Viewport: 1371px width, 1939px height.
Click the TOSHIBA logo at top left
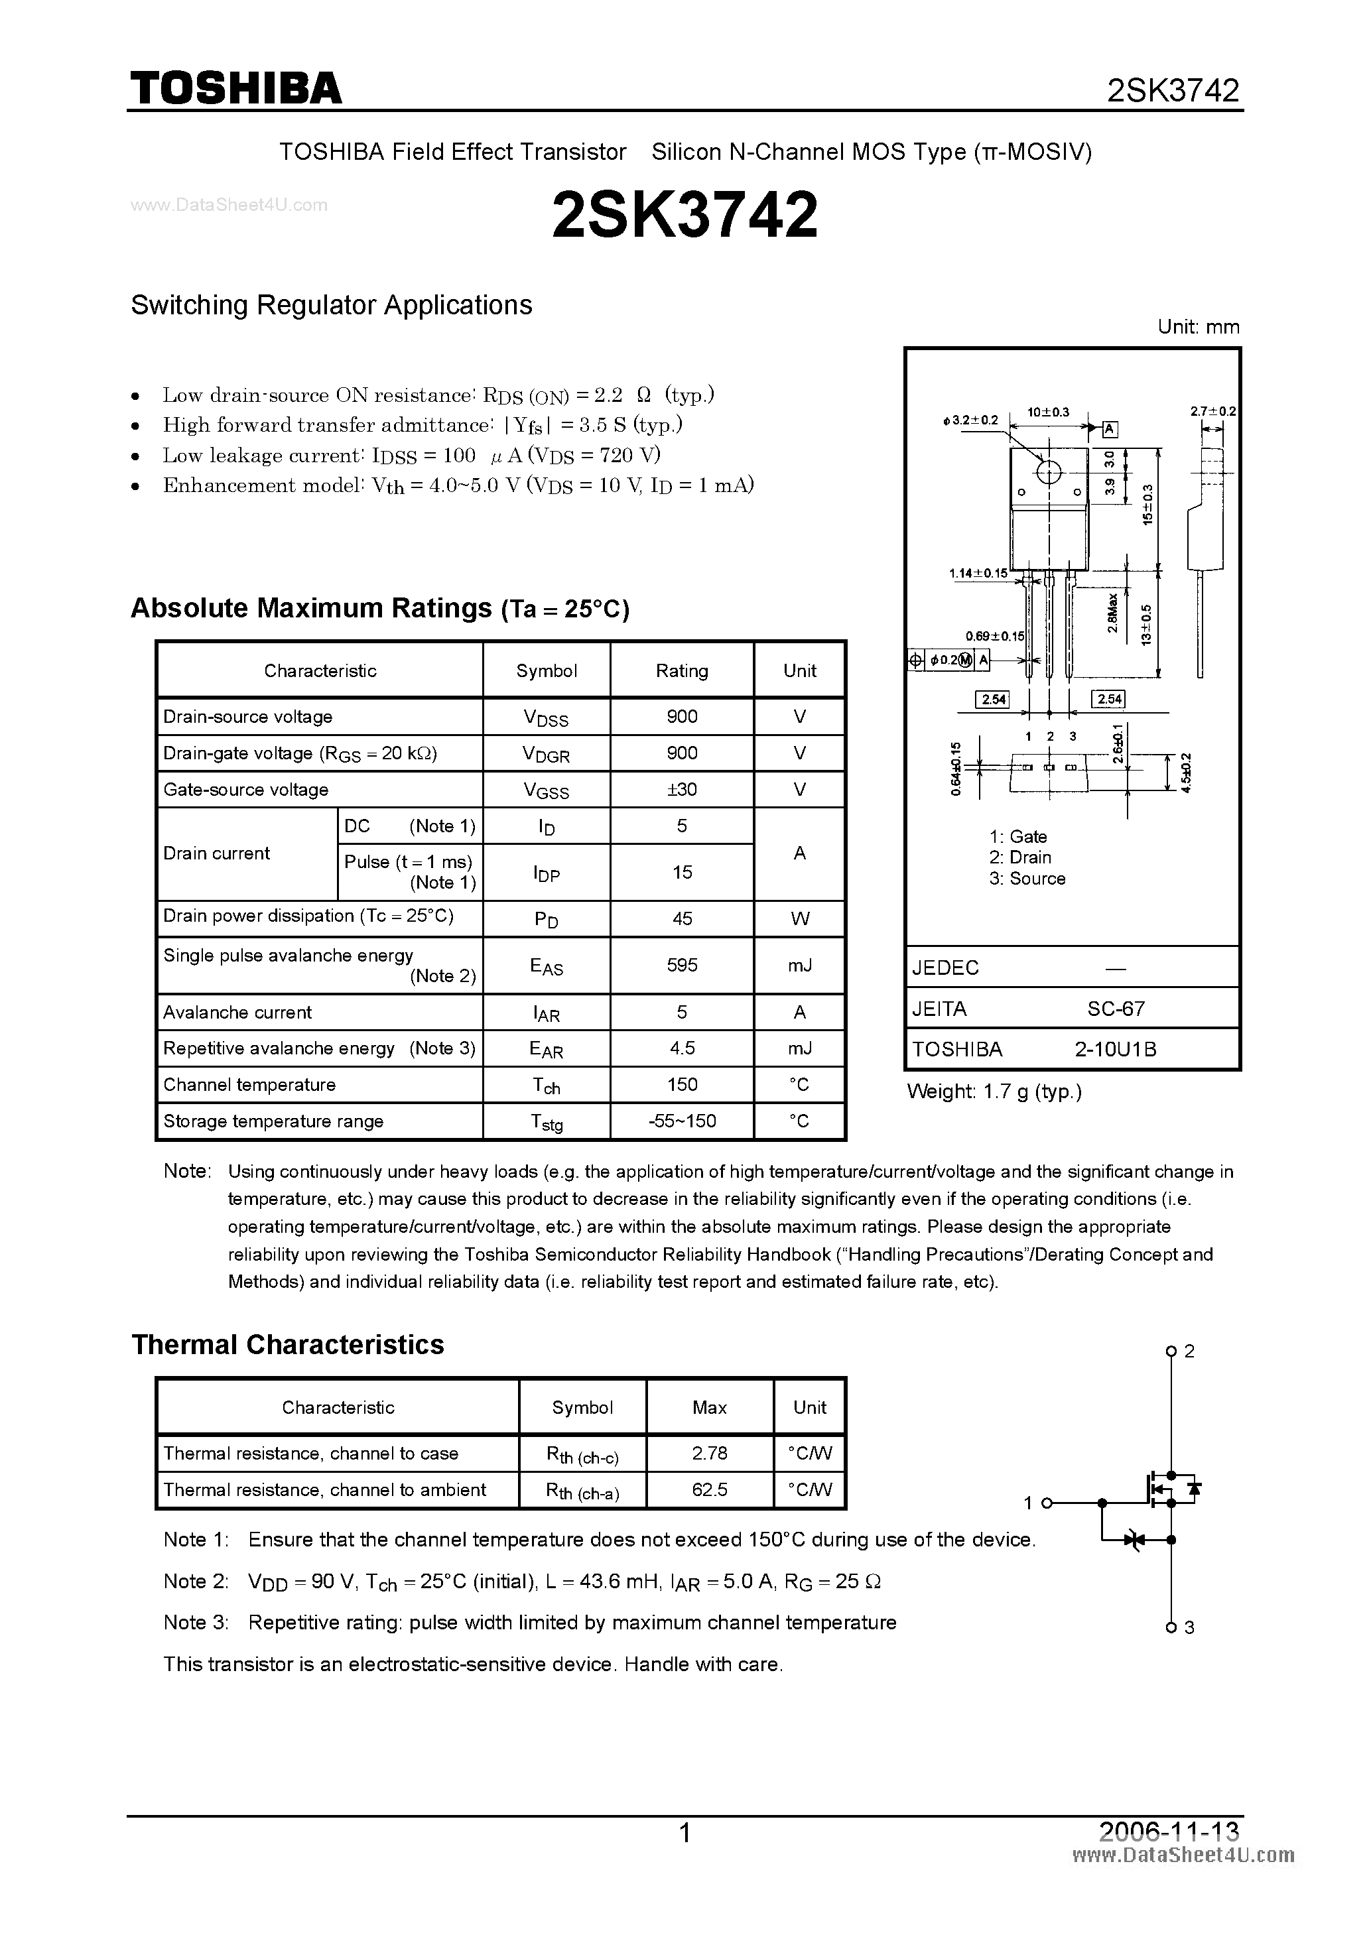coord(235,88)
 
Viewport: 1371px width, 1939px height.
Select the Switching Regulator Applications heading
coord(331,305)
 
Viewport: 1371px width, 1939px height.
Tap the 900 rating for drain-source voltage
coord(682,716)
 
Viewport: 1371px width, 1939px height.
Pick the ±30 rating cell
coord(682,790)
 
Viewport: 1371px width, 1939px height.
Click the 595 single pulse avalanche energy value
coord(682,964)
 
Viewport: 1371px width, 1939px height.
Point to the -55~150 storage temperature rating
coord(682,1121)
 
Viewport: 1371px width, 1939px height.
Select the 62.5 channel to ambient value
coord(710,1489)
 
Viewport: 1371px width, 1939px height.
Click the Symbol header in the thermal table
coord(582,1407)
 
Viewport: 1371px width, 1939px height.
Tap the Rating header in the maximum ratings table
coord(682,670)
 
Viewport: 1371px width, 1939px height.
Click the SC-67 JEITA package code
coord(1116,1009)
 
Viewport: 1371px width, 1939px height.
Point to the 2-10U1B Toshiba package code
coord(1115,1049)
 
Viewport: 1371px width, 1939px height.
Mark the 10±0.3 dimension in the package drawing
coord(1048,412)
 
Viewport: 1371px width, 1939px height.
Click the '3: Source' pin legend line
coord(1027,878)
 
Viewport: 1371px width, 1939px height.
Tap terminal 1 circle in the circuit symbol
coord(1047,1503)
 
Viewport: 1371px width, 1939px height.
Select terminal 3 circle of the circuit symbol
coord(1171,1627)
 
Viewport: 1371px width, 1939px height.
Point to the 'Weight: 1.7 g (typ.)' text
coord(994,1091)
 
